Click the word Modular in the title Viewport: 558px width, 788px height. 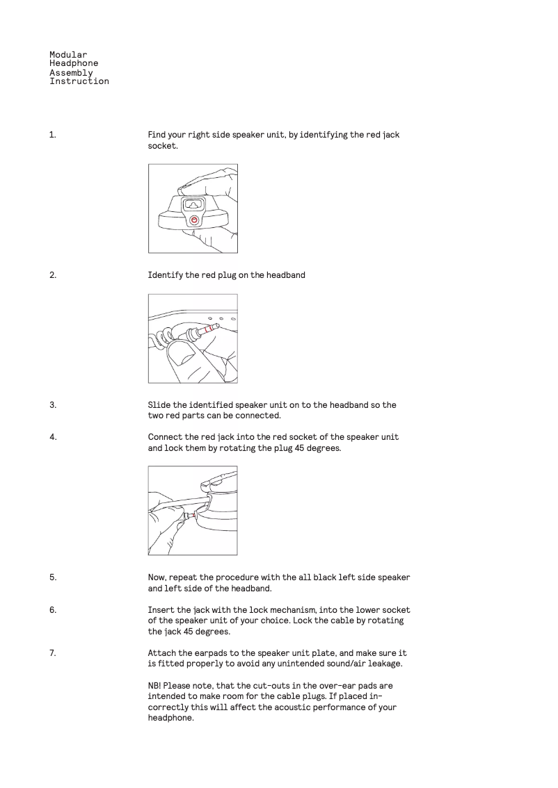[68, 54]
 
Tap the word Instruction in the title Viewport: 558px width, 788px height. [79, 81]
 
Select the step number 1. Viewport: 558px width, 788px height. [52, 135]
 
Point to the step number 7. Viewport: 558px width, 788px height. [52, 653]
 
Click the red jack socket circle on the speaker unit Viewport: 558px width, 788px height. [194, 220]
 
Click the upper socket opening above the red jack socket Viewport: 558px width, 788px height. [193, 204]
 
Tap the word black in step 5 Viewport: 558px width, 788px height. [326, 577]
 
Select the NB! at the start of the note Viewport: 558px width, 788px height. [155, 686]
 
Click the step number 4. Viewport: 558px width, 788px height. [52, 438]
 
